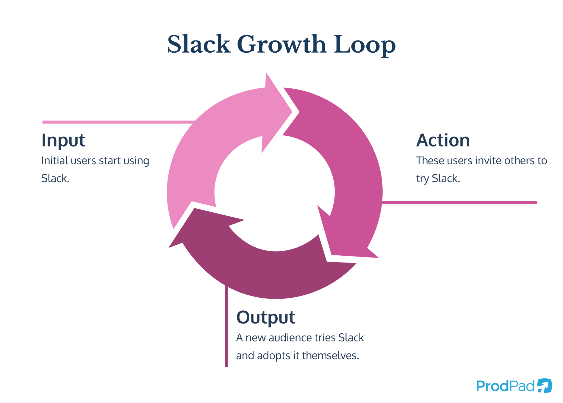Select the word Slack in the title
tap(199, 45)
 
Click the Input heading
tap(63, 140)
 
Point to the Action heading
tap(443, 140)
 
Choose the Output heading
tap(265, 317)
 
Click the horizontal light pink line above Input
tap(119, 122)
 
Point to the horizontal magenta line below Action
tap(458, 202)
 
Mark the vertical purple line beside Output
tap(226, 327)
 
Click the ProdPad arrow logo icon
tap(544, 386)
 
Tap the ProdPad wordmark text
tap(505, 386)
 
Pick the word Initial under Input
tap(55, 161)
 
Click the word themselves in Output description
tap(331, 356)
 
